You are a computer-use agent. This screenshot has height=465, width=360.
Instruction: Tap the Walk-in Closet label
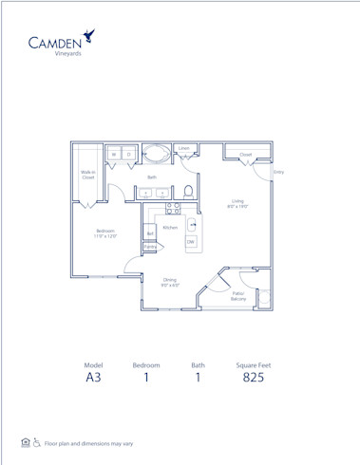[x=87, y=175]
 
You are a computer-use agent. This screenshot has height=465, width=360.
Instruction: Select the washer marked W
[x=114, y=154]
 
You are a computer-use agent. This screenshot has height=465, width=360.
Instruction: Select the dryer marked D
[x=128, y=154]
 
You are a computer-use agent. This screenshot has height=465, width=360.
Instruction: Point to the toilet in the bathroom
[x=188, y=191]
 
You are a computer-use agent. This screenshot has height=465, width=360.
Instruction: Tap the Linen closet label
[x=184, y=149]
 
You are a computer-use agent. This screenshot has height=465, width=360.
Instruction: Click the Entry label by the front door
[x=278, y=172]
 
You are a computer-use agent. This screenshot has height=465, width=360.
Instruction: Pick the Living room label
[x=237, y=203]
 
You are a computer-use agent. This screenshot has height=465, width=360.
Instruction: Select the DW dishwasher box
[x=191, y=243]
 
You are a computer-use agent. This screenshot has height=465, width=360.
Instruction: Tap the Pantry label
[x=149, y=247]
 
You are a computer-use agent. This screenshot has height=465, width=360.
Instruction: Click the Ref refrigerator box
[x=149, y=232]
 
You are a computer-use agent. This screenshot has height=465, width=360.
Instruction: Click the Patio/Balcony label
[x=238, y=296]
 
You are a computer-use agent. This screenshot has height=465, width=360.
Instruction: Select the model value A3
[x=93, y=378]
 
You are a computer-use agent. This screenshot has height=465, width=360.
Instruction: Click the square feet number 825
[x=252, y=378]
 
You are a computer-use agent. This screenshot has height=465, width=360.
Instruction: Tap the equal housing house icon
[x=26, y=442]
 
